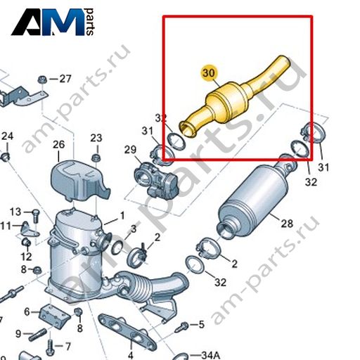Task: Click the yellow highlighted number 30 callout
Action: pos(209,73)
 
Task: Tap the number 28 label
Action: pos(287,224)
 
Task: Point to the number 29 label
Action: pos(130,150)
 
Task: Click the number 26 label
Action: pos(58,145)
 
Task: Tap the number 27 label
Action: pos(65,79)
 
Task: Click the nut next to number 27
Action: pos(42,79)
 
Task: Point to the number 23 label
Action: pos(96,138)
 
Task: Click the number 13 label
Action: pos(15,212)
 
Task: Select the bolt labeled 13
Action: pos(36,216)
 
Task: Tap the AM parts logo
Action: pos(53,22)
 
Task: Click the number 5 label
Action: pos(202,324)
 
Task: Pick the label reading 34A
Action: pos(210,355)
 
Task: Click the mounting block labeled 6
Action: pos(54,316)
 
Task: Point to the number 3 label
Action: pos(134,229)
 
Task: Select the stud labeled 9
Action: pos(37,335)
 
